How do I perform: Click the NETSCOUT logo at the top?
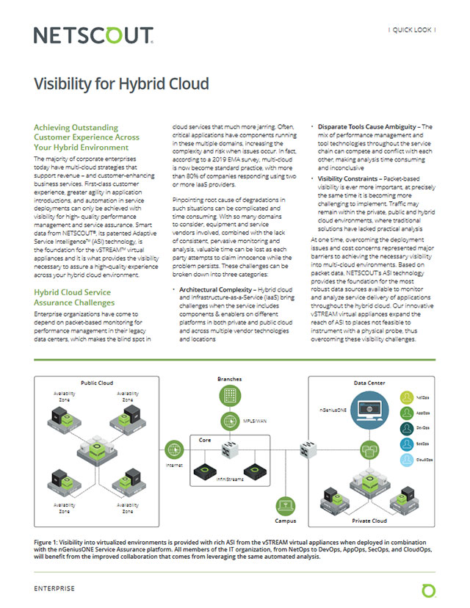click(x=94, y=35)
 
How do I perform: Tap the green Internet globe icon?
click(x=174, y=446)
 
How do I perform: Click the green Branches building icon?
click(x=230, y=394)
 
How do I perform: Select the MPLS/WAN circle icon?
click(x=230, y=421)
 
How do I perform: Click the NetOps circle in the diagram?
click(x=409, y=397)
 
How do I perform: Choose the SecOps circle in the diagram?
click(x=409, y=444)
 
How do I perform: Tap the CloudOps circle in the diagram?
click(x=409, y=461)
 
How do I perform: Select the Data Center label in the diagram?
click(x=372, y=383)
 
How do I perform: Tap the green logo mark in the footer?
click(x=427, y=590)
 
